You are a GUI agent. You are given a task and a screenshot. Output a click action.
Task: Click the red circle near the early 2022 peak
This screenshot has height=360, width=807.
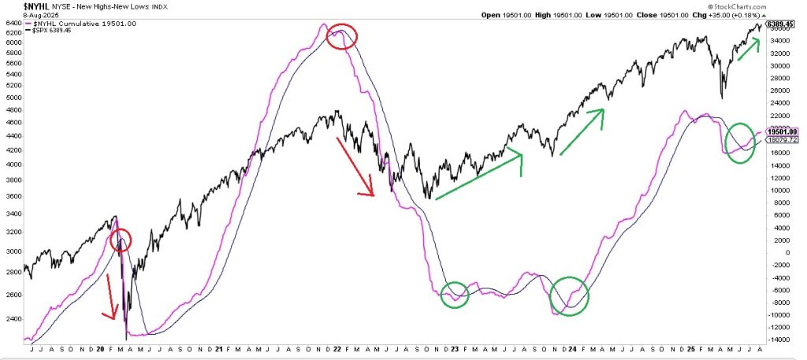[341, 36]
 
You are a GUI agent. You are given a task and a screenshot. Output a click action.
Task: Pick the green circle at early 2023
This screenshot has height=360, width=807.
[454, 294]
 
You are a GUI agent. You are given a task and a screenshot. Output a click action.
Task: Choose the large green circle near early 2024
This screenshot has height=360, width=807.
[569, 296]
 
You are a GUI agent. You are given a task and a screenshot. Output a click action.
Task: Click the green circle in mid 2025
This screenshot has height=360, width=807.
[739, 143]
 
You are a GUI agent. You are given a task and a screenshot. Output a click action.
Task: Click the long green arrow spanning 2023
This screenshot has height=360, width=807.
[479, 176]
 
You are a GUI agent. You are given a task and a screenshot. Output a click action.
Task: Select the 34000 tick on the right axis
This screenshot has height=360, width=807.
[780, 40]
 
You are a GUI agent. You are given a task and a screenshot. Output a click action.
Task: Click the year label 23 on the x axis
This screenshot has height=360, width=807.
[447, 348]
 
